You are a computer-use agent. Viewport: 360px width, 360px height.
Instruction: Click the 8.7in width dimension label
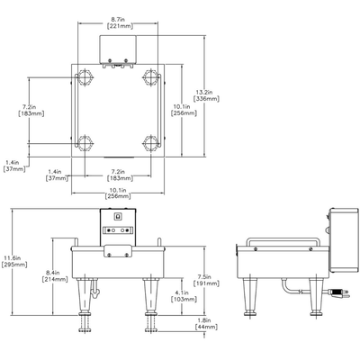118,17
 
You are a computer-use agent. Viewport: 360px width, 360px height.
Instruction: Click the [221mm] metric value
118,26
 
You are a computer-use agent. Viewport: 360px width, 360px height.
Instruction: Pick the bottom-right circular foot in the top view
148,141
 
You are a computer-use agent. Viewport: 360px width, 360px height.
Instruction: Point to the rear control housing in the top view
118,50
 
